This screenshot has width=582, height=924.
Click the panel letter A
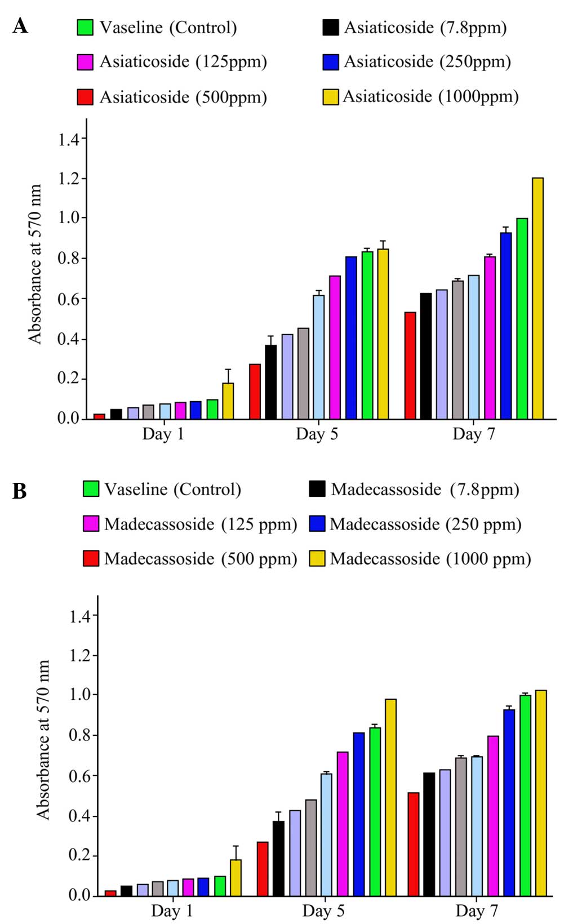[x=20, y=26]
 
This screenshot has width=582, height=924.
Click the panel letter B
[x=20, y=491]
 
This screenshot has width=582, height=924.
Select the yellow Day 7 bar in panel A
[x=537, y=299]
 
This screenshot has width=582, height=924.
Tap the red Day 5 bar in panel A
[x=255, y=392]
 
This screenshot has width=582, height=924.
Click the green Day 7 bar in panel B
[x=525, y=796]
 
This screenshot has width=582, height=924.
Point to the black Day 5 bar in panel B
[x=278, y=859]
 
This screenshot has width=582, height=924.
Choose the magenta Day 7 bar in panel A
[x=490, y=338]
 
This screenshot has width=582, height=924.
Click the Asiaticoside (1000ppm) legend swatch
[x=330, y=97]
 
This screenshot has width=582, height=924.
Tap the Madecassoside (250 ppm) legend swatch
[x=318, y=524]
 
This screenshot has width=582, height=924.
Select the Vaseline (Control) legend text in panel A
[x=168, y=28]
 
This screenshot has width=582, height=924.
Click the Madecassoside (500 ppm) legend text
[x=201, y=559]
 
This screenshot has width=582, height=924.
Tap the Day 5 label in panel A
[x=317, y=434]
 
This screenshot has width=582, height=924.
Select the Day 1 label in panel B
[x=172, y=911]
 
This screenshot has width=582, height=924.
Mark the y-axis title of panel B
[x=43, y=740]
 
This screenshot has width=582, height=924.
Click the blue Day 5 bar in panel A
[x=351, y=338]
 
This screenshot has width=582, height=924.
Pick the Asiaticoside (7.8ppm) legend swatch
[x=331, y=28]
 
